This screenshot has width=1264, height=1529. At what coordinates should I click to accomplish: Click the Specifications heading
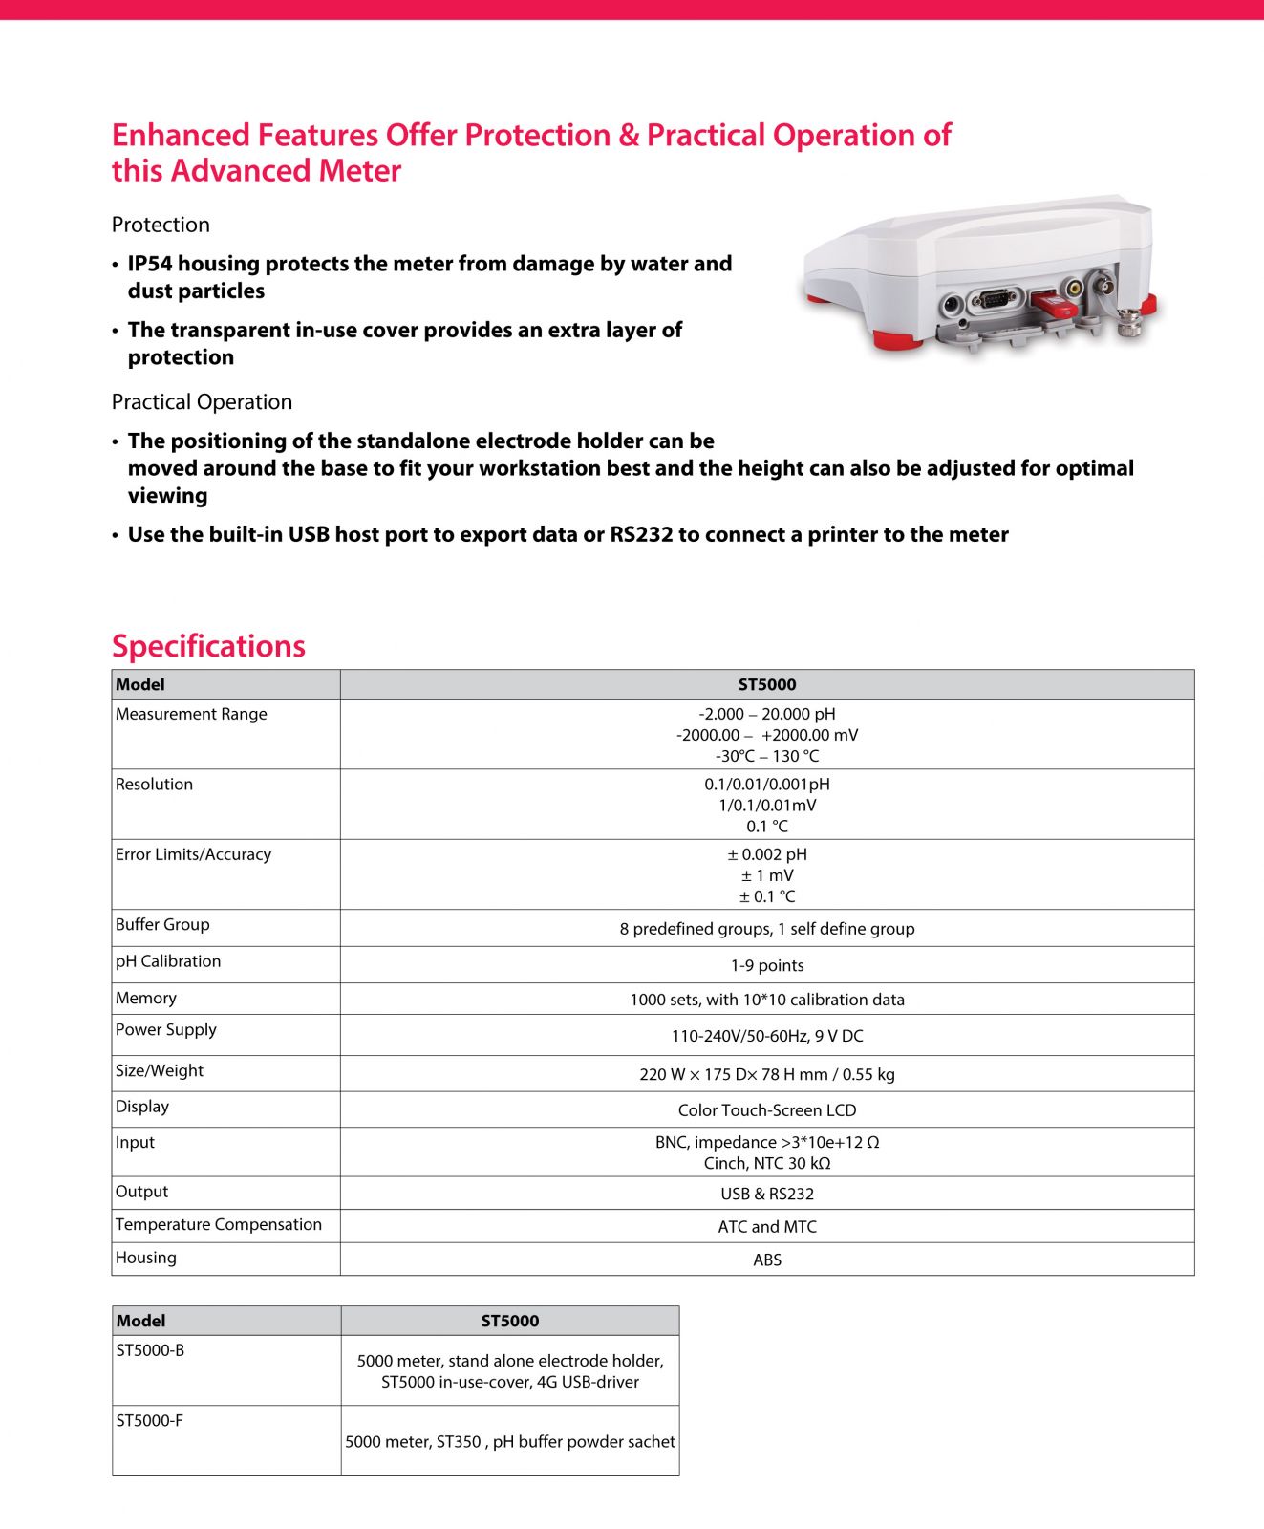208,646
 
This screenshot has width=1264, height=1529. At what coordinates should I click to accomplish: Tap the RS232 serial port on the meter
995,300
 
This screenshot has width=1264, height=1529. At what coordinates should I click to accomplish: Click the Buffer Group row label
162,924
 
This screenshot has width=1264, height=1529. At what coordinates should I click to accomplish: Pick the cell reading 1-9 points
766,965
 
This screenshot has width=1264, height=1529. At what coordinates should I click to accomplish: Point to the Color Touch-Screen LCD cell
766,1110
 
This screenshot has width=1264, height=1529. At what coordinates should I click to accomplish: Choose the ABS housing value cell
766,1260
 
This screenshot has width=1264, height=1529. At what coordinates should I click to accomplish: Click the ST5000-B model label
150,1350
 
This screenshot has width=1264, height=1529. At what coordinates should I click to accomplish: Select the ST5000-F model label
149,1420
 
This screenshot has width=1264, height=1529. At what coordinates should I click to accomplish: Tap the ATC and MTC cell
766,1227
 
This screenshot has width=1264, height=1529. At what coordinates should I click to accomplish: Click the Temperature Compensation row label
218,1224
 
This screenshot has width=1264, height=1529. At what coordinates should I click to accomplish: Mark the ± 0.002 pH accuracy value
766,854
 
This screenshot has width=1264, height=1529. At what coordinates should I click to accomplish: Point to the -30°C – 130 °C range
766,756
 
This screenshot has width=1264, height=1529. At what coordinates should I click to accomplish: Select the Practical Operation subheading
202,402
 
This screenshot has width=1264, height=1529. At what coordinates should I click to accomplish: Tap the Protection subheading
161,225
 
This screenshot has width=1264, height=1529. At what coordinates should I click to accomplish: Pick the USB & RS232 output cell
766,1194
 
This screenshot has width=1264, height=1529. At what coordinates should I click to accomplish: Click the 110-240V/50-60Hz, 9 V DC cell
766,1036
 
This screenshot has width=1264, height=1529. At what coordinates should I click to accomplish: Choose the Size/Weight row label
159,1070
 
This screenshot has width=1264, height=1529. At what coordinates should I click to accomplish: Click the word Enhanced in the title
181,136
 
